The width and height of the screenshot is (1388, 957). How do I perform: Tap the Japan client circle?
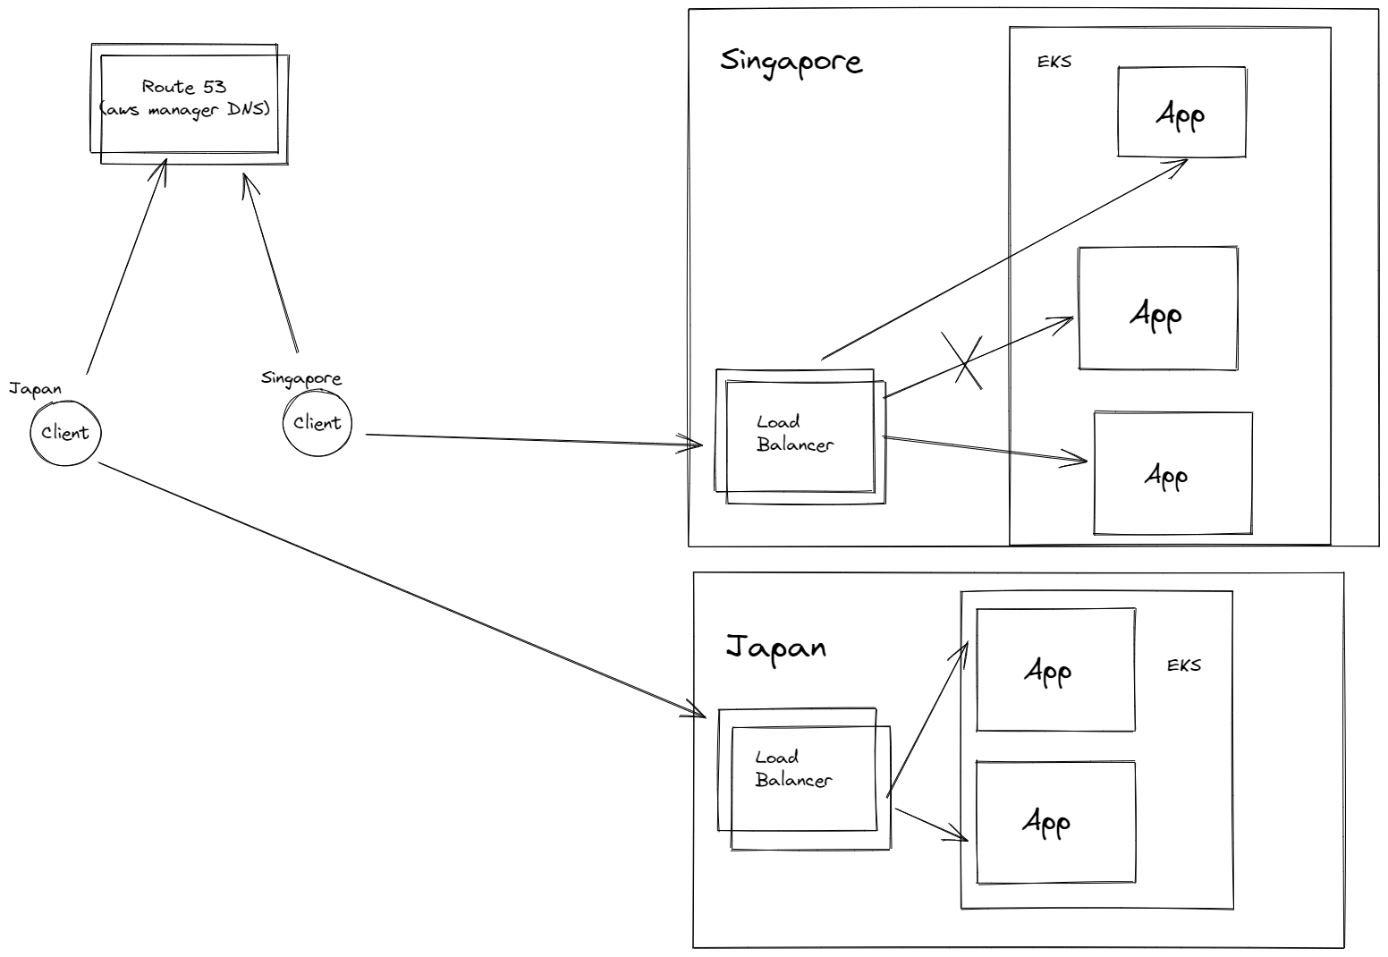65,433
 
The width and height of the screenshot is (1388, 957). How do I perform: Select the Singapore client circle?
317,423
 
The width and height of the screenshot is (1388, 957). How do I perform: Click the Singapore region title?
791,62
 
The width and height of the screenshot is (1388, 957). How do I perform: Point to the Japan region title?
774,647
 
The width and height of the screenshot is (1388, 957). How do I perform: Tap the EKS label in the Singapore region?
1054,63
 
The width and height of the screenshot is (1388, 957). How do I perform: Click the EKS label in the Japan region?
1183,665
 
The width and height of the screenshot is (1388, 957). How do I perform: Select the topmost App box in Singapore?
1181,113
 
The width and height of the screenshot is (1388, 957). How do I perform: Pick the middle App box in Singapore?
1157,309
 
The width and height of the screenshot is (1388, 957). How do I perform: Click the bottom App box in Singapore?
1172,474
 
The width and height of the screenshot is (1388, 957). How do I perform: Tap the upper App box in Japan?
1055,671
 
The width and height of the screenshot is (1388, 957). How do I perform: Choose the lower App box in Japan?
1055,823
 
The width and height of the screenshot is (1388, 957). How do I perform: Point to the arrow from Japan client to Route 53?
125,268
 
